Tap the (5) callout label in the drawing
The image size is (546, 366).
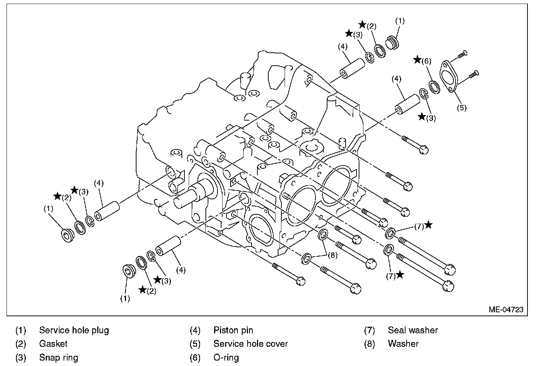click(x=461, y=107)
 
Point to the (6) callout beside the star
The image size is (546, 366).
click(x=426, y=61)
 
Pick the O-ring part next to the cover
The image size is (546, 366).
click(x=433, y=87)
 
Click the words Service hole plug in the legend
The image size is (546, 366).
click(x=74, y=330)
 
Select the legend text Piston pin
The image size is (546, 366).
click(x=233, y=330)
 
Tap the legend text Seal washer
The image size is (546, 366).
click(x=413, y=330)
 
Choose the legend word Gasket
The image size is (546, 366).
click(x=53, y=344)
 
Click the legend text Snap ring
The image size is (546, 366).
click(x=58, y=358)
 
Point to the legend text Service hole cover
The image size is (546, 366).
click(x=250, y=344)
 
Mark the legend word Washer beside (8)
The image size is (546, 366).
click(x=403, y=344)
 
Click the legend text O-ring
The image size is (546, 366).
click(x=226, y=358)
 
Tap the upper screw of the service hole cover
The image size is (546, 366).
click(x=461, y=54)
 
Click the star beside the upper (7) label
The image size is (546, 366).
click(x=428, y=225)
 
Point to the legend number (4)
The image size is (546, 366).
click(x=195, y=330)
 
